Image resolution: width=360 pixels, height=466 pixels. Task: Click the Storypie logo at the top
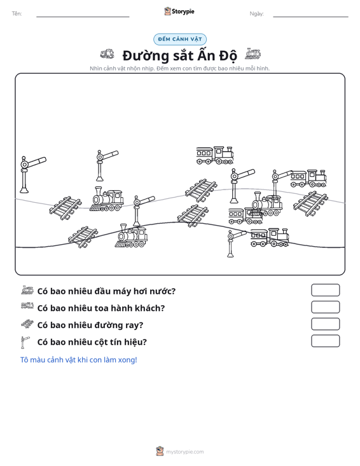[179, 11]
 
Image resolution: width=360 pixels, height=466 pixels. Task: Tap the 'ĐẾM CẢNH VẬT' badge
[180, 39]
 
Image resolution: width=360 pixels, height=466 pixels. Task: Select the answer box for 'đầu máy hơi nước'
[325, 290]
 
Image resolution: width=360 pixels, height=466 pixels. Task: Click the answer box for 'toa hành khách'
[325, 307]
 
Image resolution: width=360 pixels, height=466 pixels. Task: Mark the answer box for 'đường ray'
[325, 324]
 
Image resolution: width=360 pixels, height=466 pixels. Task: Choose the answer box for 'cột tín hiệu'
[325, 341]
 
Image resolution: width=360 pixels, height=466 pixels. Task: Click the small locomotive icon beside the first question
[27, 290]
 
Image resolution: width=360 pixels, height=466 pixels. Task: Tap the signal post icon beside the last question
[25, 342]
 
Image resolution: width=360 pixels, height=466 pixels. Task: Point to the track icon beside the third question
[27, 324]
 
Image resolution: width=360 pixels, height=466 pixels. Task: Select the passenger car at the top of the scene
[214, 155]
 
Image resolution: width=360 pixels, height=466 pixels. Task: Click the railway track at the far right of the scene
[310, 203]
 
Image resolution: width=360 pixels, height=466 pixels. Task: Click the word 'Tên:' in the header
[17, 14]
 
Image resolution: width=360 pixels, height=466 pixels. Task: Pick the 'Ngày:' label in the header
[256, 14]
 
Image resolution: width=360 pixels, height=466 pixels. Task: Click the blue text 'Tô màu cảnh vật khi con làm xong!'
[79, 360]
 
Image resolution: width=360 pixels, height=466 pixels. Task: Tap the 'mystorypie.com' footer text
[185, 452]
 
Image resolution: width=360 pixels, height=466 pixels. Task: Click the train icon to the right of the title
[253, 54]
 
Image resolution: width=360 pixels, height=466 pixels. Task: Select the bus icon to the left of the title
[107, 54]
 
